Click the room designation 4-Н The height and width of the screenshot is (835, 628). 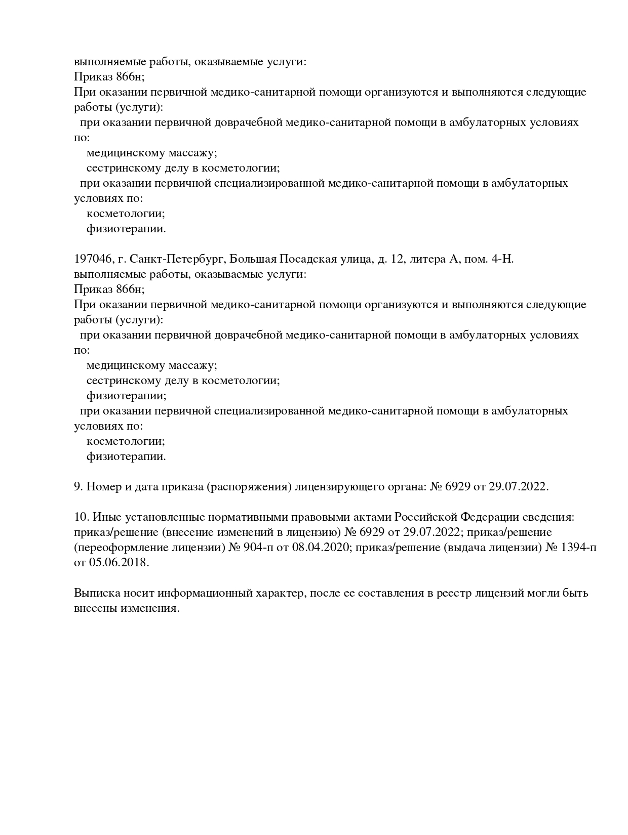tap(502, 259)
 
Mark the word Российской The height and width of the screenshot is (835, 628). tap(426, 517)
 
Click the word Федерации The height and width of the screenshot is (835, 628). tap(489, 517)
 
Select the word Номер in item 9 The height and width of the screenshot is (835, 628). tap(103, 487)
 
